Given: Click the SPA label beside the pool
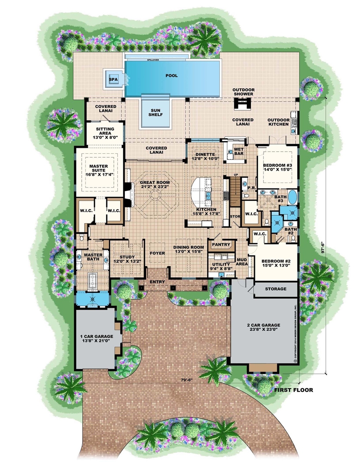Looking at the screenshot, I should pos(112,79).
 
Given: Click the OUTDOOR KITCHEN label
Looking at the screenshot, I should pos(279,122).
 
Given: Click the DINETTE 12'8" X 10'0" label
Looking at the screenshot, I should pos(205,158).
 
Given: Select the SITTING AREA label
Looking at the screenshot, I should pos(105,134).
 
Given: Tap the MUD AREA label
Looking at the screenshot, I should pos(242,262).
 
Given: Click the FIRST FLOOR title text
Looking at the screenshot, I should pos(293,390).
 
